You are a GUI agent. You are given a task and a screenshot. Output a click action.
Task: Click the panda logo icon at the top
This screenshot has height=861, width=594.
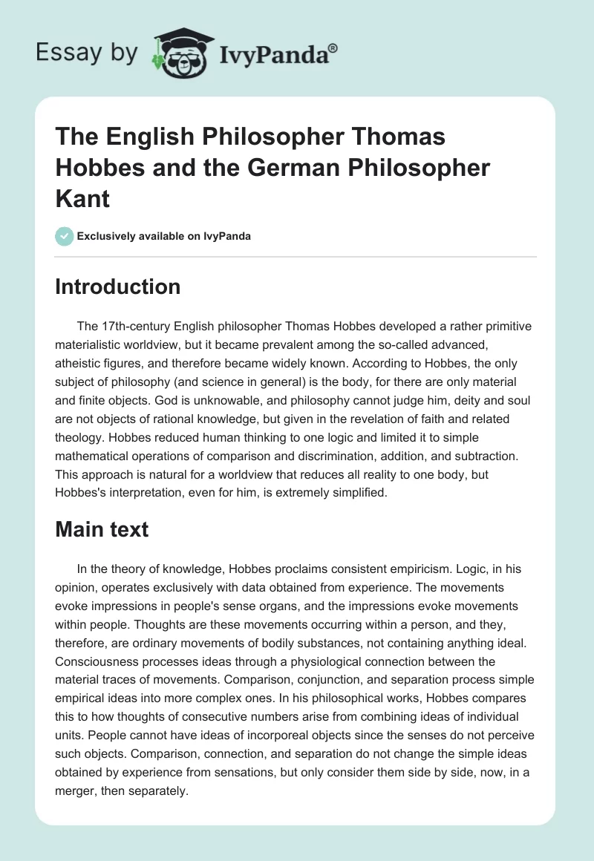174,51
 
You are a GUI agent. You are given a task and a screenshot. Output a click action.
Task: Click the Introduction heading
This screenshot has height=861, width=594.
117,287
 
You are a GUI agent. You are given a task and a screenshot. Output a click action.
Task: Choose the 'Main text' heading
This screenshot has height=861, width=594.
102,529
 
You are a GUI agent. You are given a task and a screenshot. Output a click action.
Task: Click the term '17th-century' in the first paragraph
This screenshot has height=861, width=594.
137,327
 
